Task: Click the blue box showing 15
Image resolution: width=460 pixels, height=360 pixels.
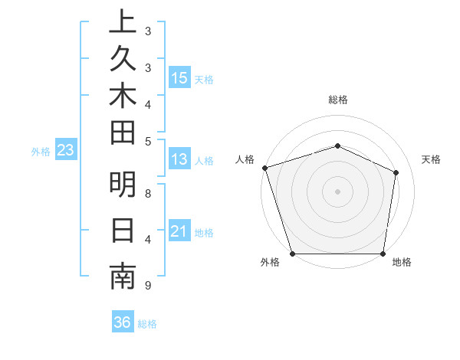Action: tap(179, 77)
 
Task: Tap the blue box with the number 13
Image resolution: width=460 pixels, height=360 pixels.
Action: tap(179, 159)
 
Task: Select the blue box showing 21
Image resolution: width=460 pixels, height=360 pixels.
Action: tap(179, 231)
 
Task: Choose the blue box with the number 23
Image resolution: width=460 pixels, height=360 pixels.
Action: tap(66, 150)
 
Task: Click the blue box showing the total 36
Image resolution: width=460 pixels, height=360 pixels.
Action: tap(123, 322)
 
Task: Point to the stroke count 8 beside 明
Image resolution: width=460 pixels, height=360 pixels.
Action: tap(148, 193)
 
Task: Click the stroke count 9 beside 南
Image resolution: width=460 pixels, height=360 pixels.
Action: tap(147, 286)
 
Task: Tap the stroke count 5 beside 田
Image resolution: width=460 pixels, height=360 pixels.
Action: tap(147, 140)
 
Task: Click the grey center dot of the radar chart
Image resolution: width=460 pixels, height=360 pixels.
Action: tap(337, 191)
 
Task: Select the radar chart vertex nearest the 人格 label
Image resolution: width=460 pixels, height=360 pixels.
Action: tap(264, 168)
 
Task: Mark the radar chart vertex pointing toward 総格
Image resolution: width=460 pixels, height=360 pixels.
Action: tap(337, 146)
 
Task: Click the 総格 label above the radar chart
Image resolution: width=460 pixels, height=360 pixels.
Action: tap(338, 100)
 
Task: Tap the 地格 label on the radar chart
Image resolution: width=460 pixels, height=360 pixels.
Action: tap(402, 263)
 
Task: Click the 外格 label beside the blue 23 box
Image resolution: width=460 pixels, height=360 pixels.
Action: tap(41, 152)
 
